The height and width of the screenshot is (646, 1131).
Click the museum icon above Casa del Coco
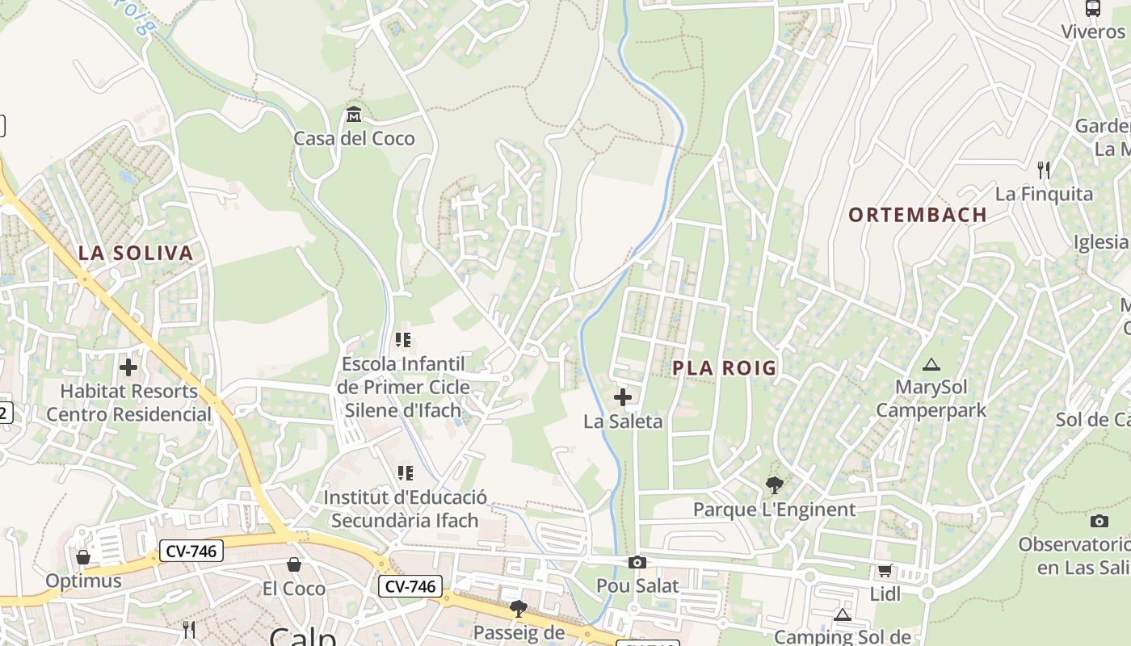[x=354, y=115]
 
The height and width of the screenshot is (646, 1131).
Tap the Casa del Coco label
[x=354, y=138]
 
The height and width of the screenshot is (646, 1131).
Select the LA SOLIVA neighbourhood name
[x=136, y=253]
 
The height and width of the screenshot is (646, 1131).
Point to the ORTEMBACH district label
[x=918, y=215]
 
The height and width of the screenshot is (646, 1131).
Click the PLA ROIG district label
[x=725, y=368]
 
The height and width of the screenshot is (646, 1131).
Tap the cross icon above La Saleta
[x=623, y=397]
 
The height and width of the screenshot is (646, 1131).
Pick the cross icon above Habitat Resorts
[x=128, y=367]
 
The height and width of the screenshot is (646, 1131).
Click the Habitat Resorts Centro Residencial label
[x=128, y=403]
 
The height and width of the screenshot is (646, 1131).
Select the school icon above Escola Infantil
[x=403, y=340]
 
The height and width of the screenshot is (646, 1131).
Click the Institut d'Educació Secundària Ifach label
[x=405, y=509]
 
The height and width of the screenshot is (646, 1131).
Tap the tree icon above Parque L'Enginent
[x=775, y=485]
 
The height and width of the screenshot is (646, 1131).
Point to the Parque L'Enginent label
[x=774, y=510]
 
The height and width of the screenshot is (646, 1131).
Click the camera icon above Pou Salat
[x=637, y=562]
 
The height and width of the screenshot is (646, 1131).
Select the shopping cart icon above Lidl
[x=885, y=571]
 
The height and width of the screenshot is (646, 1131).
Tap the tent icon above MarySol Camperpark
[x=931, y=364]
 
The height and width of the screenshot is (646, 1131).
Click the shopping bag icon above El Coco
[x=294, y=564]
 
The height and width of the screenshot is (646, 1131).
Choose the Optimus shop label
[x=83, y=581]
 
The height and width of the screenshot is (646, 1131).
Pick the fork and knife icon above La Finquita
[x=1044, y=170]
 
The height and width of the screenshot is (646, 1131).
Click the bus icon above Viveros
[x=1093, y=9]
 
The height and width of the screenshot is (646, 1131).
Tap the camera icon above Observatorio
[x=1099, y=521]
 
